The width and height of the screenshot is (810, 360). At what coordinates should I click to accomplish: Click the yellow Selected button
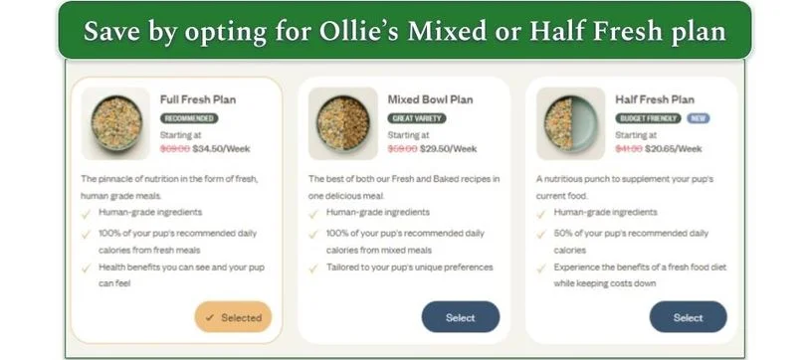233,317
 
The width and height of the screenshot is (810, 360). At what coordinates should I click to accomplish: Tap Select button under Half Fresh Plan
688,317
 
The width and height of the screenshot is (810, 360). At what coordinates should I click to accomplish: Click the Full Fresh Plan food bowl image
115,123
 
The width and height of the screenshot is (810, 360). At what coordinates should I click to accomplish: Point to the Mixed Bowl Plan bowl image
343,123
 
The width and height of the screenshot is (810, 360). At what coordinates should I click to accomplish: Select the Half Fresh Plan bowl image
570,123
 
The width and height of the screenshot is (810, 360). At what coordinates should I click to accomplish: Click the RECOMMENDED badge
189,118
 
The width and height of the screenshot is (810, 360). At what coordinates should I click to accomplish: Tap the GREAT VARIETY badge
417,118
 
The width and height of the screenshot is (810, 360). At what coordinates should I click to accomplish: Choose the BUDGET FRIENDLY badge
648,118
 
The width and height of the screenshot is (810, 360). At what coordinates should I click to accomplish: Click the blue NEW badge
699,118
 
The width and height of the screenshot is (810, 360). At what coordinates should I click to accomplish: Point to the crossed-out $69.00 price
174,149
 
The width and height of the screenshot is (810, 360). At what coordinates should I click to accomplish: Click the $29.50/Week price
448,149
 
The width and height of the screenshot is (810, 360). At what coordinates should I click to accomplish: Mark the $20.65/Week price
675,149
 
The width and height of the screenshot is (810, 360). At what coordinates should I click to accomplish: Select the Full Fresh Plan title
198,99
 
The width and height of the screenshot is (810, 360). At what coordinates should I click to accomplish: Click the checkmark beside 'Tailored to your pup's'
314,267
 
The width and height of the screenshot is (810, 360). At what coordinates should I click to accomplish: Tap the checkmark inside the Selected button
209,318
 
